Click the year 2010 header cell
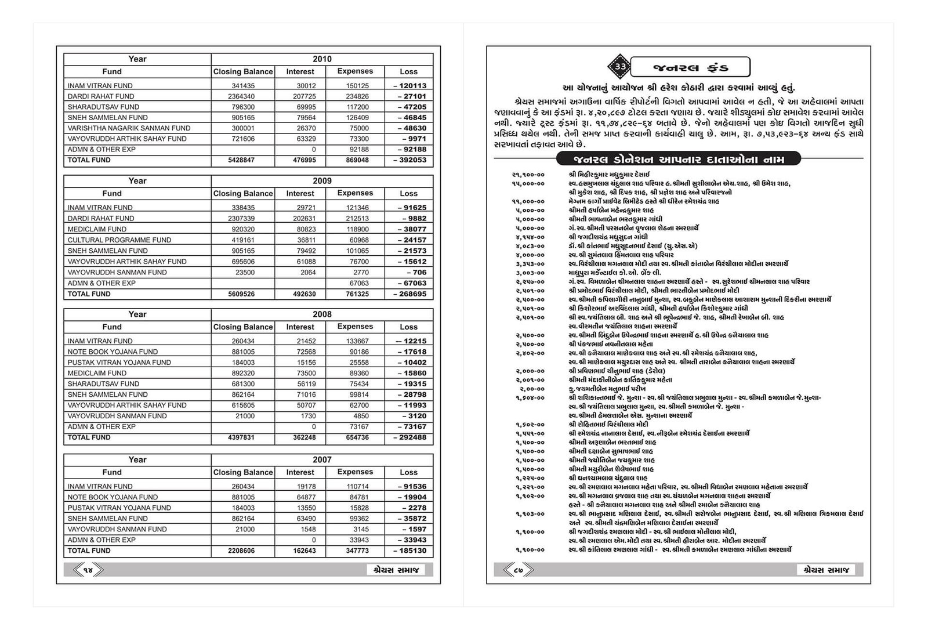(322, 59)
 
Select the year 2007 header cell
(322, 460)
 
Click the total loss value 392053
(409, 160)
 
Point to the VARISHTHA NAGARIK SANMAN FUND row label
(129, 128)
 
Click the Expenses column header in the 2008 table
(355, 327)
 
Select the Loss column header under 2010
(408, 72)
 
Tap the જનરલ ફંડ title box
(690, 67)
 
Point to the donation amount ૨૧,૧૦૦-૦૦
(528, 175)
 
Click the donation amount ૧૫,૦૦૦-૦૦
(528, 183)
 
